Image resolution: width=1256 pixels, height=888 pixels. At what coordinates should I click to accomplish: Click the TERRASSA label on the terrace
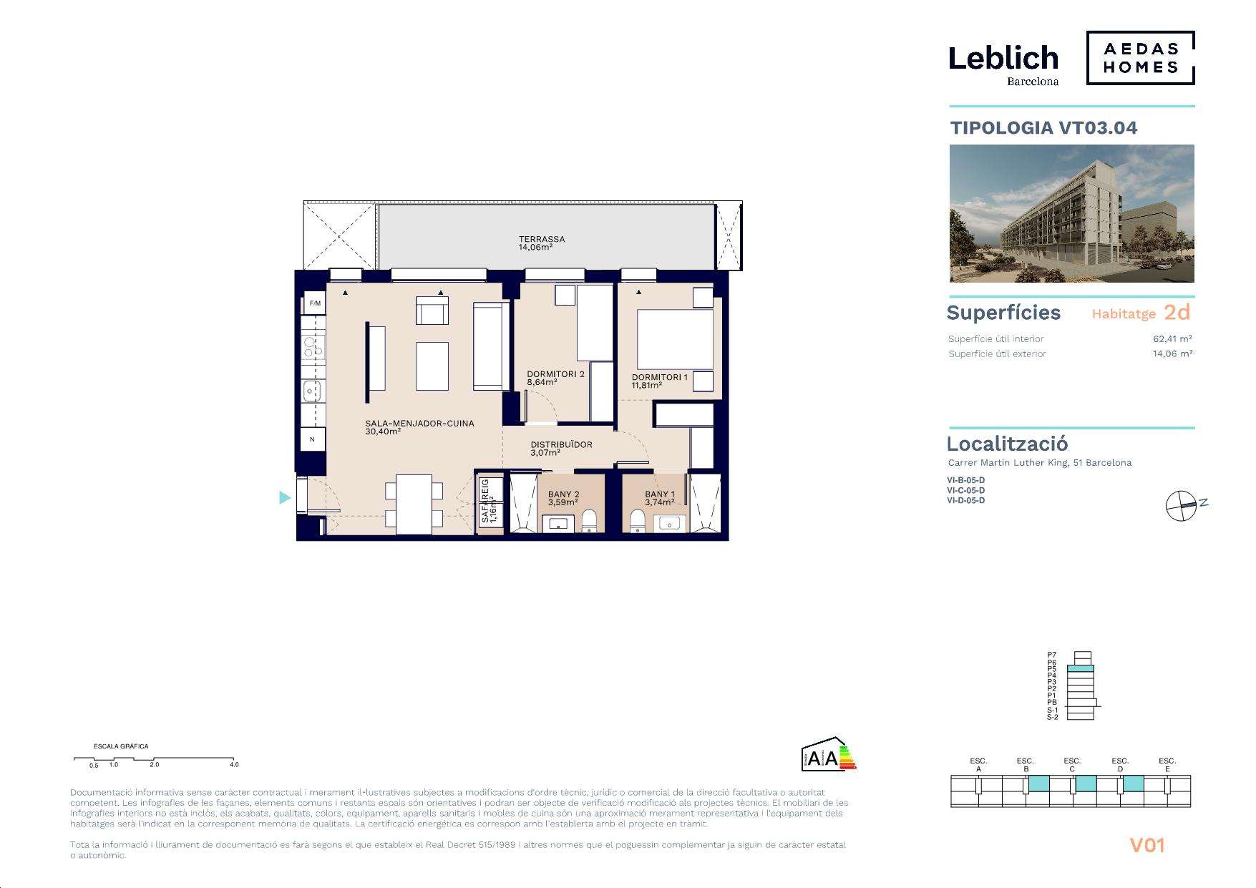542,239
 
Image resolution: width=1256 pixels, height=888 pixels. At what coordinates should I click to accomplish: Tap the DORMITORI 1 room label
659,377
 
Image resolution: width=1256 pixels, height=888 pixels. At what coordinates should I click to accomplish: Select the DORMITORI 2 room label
555,374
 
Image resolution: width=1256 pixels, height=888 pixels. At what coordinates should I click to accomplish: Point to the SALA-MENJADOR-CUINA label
419,423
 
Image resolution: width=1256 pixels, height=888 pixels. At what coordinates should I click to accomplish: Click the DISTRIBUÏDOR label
561,444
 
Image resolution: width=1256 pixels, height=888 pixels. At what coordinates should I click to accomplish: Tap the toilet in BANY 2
589,522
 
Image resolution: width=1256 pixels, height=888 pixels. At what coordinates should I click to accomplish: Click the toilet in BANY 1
638,522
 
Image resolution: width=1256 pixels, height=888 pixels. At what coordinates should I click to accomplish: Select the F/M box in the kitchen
314,303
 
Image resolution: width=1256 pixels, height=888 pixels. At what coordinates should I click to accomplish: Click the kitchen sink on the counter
312,391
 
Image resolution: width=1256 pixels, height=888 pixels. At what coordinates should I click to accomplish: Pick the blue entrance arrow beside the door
285,497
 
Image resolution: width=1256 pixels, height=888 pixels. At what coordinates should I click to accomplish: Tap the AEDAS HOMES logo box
1141,58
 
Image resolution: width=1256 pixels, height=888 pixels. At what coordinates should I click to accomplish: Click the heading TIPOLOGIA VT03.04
1043,128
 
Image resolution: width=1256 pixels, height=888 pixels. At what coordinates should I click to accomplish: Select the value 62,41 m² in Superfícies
1172,338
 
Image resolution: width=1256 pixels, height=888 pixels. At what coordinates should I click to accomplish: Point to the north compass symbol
1181,506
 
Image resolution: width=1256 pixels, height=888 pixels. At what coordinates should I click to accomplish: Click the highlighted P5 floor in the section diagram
1081,668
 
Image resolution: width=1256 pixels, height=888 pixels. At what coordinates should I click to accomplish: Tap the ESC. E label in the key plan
1167,764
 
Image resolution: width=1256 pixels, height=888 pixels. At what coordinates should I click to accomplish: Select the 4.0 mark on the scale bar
234,764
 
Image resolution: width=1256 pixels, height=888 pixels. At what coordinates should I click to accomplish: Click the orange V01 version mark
1147,845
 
